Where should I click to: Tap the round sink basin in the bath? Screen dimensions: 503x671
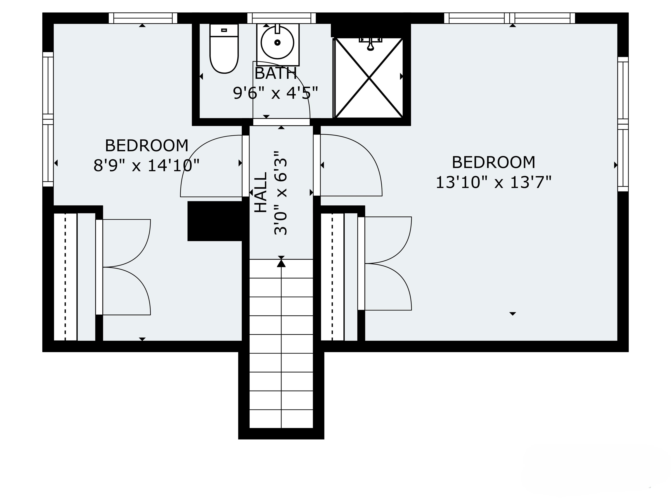tap(277, 42)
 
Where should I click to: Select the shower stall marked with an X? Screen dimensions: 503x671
tap(369, 78)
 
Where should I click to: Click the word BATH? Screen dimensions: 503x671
tap(275, 74)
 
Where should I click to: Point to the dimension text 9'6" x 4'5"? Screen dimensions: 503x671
tap(275, 93)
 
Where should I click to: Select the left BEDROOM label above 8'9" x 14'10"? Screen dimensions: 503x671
tap(147, 146)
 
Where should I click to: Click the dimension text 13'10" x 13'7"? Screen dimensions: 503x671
tap(493, 183)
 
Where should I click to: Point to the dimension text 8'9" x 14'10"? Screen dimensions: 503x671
tap(147, 165)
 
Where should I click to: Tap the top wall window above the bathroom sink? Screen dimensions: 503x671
tap(282, 18)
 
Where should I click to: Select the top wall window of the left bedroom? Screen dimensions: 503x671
tap(143, 18)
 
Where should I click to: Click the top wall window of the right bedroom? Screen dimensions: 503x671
tap(510, 18)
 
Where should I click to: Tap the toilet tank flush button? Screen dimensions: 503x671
tap(224, 30)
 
